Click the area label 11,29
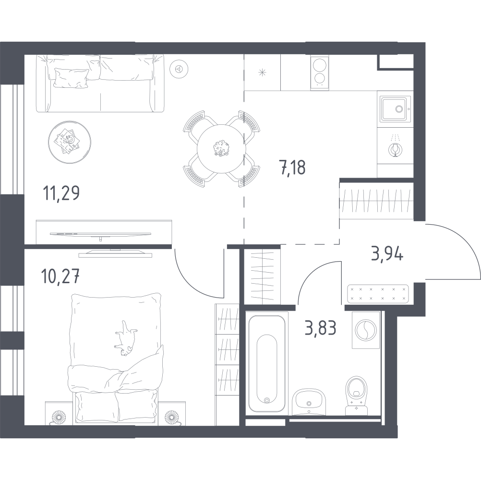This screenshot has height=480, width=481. [61, 193]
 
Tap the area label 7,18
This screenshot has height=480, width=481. [292, 168]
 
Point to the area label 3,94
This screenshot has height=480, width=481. [387, 253]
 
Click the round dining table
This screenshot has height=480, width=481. [221, 149]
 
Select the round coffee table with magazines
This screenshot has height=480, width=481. [70, 142]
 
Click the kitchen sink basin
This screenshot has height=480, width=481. [395, 108]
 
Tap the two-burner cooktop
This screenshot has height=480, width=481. [319, 72]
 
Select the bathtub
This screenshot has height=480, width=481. [267, 364]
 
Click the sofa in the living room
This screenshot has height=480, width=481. [100, 83]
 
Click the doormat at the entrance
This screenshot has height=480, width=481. [378, 294]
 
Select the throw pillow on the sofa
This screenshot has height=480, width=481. [71, 78]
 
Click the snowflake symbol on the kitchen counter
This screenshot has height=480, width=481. [262, 72]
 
